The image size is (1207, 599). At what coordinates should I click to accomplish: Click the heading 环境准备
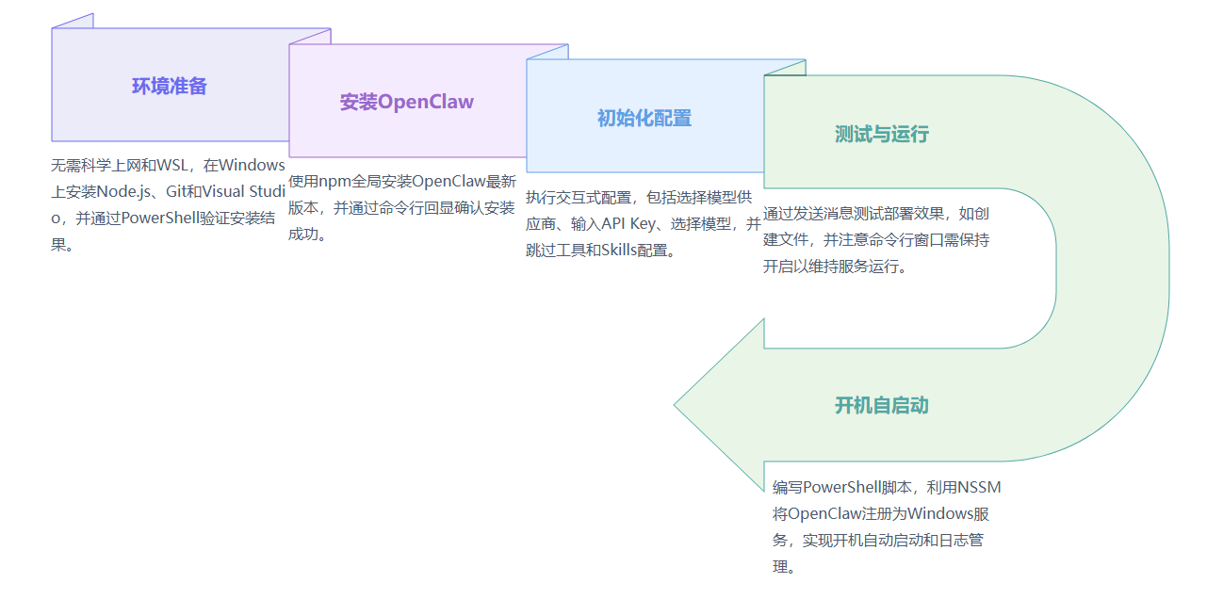tap(170, 87)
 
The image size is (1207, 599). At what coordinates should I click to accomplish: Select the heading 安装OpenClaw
tap(407, 102)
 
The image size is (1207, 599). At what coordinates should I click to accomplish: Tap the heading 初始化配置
tap(644, 118)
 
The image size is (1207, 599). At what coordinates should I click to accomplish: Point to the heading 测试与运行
tap(882, 134)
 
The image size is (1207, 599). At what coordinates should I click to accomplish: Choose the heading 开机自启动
tap(882, 405)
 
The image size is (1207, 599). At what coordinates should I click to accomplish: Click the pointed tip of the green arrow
tap(674, 405)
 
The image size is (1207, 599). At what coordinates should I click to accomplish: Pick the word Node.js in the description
tap(123, 191)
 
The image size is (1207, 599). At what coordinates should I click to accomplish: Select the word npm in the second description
tap(334, 182)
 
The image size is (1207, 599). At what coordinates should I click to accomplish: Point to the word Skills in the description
tap(619, 250)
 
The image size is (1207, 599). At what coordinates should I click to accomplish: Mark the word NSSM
tap(979, 487)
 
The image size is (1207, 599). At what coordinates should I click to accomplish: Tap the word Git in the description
tap(176, 191)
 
